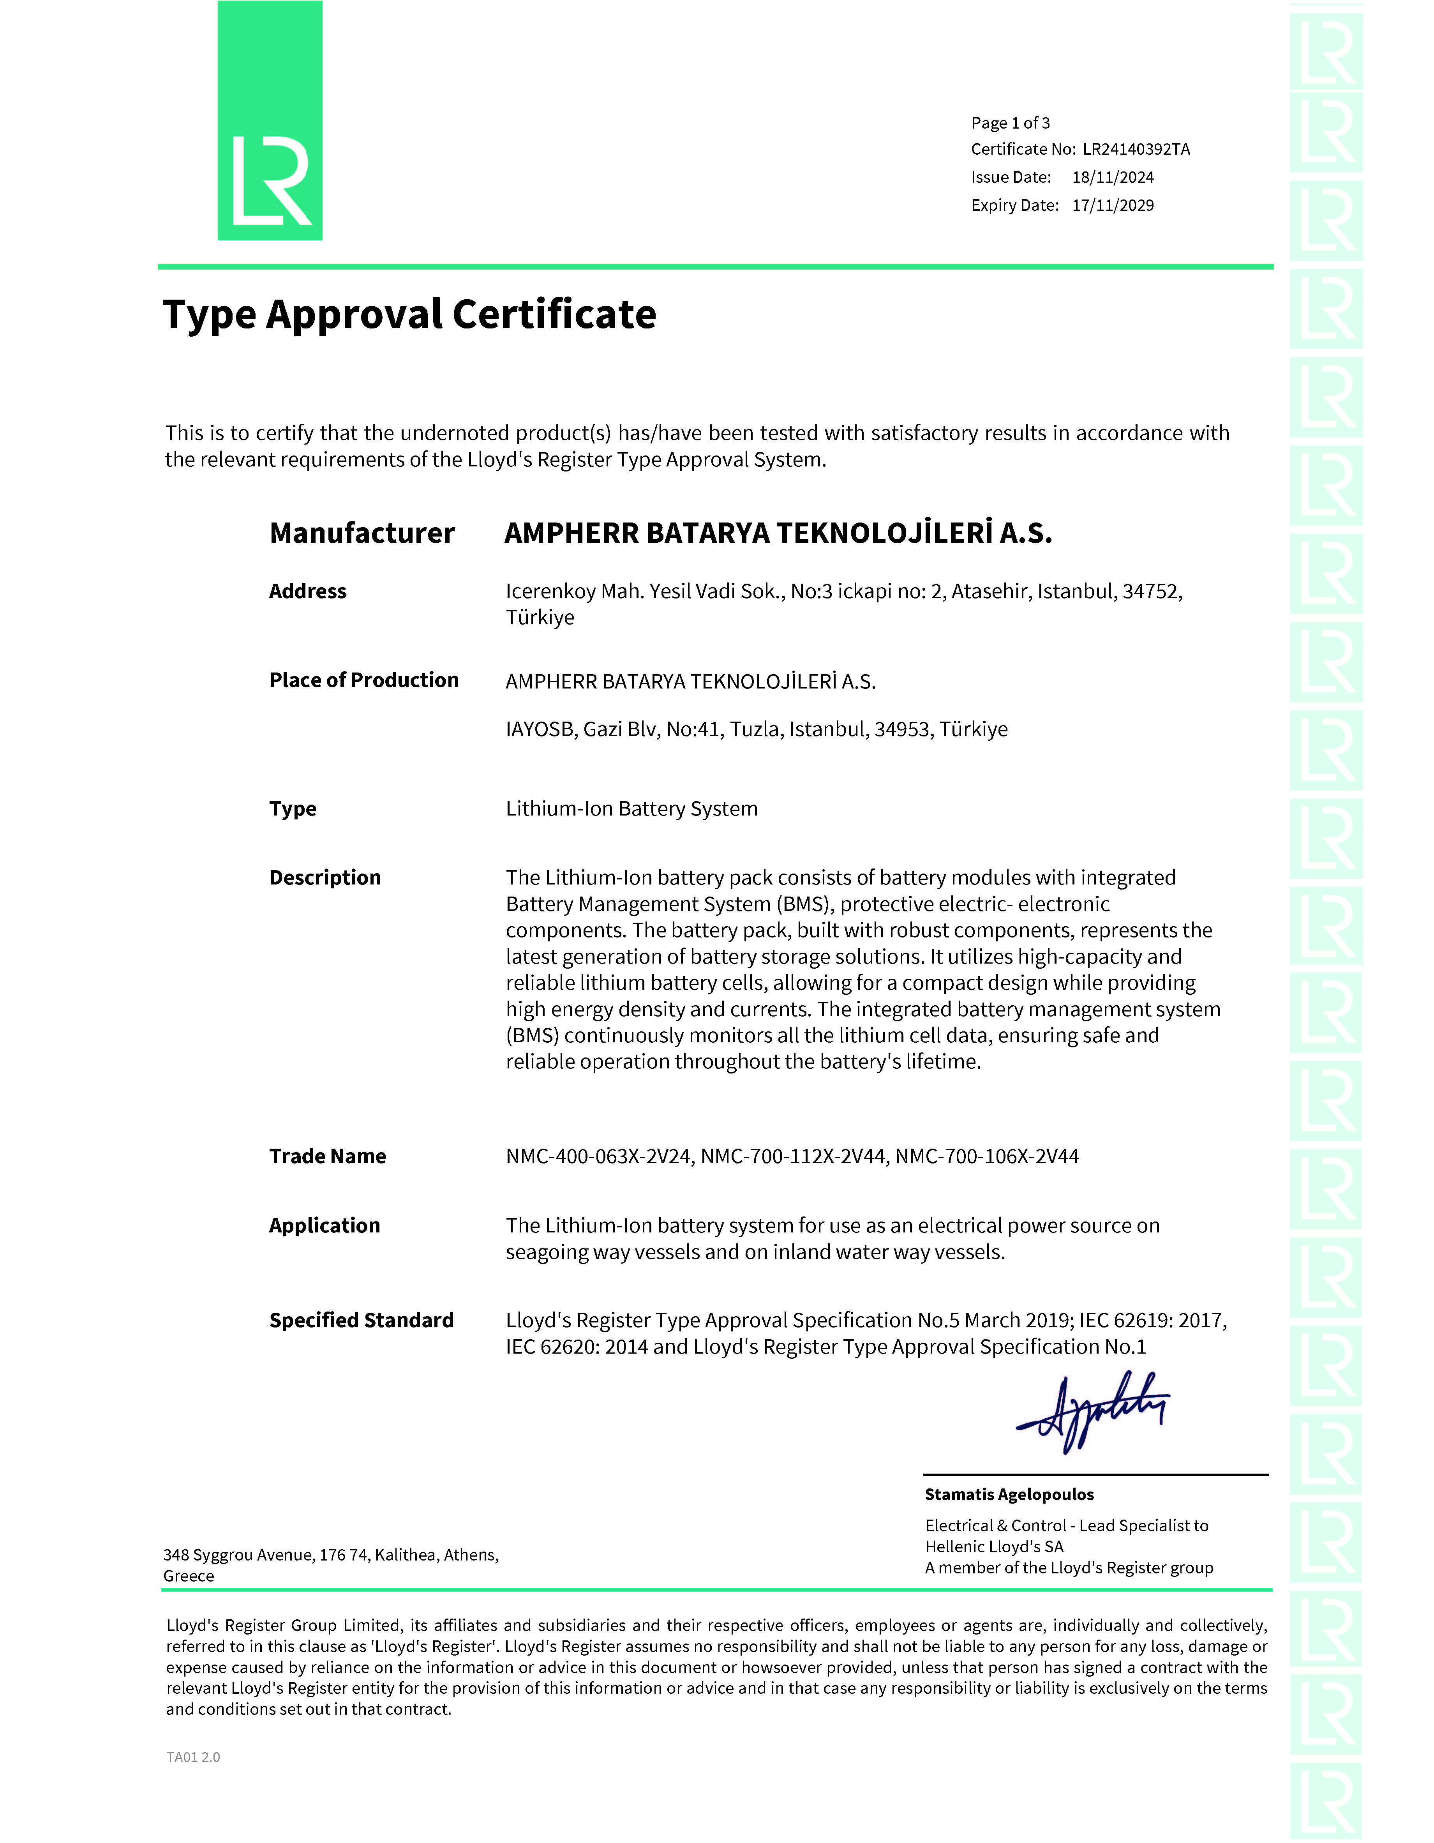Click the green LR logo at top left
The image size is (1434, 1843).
[x=270, y=121]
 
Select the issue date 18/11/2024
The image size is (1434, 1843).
[x=1113, y=177]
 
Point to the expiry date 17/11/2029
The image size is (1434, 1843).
[x=1113, y=205]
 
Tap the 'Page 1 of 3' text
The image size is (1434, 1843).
[x=1010, y=123]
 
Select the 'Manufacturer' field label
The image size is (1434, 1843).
[x=362, y=533]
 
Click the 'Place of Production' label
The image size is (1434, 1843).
[x=363, y=680]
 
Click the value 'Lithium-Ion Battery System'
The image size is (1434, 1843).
[x=631, y=809]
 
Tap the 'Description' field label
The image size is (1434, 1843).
[x=325, y=877]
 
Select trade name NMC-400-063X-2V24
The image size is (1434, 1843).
[x=599, y=1156]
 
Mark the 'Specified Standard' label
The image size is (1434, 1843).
[x=361, y=1320]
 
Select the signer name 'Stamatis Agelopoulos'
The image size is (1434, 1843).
[x=1009, y=1495]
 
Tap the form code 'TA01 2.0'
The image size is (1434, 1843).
[x=193, y=1757]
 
